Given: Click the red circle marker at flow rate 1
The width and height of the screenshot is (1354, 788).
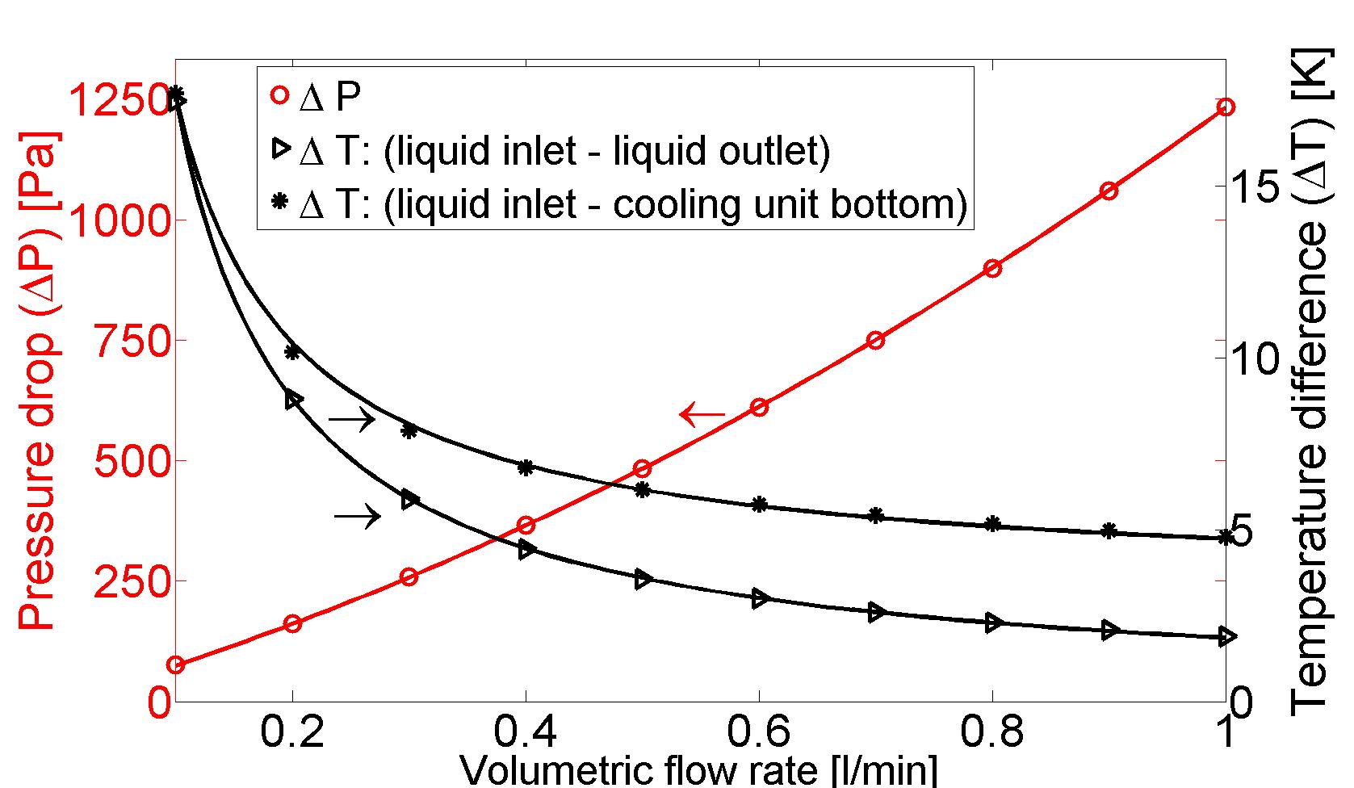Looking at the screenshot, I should tap(1225, 107).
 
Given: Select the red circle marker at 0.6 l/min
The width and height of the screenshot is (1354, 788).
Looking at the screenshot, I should tap(758, 407).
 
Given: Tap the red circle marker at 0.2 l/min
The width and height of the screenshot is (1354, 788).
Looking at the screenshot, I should tap(292, 623).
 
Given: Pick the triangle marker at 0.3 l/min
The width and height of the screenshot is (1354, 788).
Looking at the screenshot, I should tap(409, 500).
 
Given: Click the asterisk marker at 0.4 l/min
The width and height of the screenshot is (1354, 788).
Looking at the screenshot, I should tap(526, 467).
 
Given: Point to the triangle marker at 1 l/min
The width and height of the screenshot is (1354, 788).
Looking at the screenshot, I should tap(1225, 637).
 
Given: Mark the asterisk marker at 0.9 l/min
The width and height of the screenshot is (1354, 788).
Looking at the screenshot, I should tap(1109, 530).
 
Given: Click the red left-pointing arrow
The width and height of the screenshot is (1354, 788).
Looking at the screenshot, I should tap(702, 415).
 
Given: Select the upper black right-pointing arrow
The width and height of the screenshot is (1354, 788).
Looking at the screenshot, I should tap(352, 418).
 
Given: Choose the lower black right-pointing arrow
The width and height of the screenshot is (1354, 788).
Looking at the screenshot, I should tap(357, 515).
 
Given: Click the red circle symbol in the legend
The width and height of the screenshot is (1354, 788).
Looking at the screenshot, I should tap(279, 95).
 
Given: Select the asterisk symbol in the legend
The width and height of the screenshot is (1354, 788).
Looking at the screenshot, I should tap(279, 203).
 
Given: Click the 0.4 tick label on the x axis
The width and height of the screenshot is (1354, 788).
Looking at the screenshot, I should tap(526, 732).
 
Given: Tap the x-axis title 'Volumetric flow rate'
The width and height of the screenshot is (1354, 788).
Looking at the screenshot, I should tap(698, 770).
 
